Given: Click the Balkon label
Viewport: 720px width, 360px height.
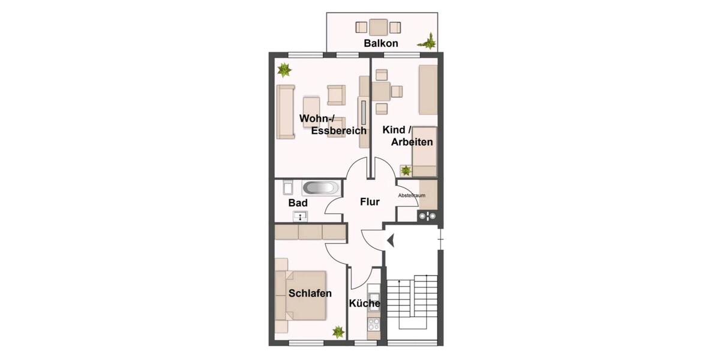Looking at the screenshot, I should coord(380,44).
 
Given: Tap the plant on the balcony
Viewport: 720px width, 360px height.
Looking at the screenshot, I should coord(429,41).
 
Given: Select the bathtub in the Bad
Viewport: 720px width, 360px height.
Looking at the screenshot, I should coord(319,188).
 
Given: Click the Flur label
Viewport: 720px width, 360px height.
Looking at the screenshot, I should coord(370,202).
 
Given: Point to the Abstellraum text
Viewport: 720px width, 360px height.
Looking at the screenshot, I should coord(412,196).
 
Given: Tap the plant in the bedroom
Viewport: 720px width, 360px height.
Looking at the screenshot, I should coord(338,332).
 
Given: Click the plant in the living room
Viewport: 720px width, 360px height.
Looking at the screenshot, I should coord(284,70).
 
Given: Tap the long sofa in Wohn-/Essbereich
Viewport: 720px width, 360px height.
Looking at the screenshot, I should coord(286,112).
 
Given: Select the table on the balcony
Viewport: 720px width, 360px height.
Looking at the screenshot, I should coord(378,27).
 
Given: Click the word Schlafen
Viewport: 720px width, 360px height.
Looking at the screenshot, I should coord(310,293).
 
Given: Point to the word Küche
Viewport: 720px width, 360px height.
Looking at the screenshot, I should coord(365,304).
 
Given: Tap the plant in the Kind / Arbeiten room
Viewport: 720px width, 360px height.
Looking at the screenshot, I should coord(406,170).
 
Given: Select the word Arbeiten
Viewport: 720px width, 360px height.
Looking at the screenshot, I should coord(412,142).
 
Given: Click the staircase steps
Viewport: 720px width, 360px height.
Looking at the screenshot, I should coord(412,298).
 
